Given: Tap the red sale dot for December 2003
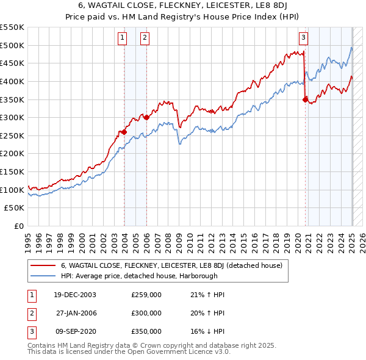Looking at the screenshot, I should [124, 132].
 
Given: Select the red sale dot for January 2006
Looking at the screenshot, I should [147, 117].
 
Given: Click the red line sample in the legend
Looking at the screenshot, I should [43, 266].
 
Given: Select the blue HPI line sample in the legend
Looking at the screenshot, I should [43, 276].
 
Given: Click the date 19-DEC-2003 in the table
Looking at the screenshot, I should [75, 295].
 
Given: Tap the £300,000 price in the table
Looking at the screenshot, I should [146, 313].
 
